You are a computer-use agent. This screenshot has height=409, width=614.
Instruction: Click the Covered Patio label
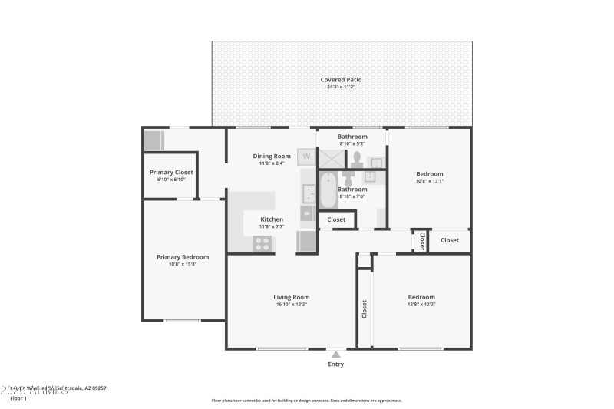pyautogui.click(x=342, y=79)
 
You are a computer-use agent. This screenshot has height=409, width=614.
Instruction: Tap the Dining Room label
pyautogui.click(x=272, y=156)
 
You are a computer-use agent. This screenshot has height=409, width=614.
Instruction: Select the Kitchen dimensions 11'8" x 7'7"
pyautogui.click(x=272, y=227)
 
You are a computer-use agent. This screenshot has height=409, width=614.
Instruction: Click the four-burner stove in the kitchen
pyautogui.click(x=262, y=244)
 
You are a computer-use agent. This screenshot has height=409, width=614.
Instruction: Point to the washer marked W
pyautogui.click(x=307, y=157)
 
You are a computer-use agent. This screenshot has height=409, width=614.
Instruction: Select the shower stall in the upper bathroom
pyautogui.click(x=333, y=158)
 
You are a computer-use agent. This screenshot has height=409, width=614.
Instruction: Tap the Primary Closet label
pyautogui.click(x=171, y=173)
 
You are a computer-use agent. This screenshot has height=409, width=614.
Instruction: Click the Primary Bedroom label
pyautogui.click(x=183, y=257)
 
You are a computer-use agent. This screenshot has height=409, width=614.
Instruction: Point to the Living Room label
pyautogui.click(x=292, y=297)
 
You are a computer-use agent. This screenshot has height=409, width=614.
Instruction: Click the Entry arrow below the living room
pyautogui.click(x=335, y=355)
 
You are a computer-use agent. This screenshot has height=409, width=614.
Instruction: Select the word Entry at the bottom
pyautogui.click(x=336, y=364)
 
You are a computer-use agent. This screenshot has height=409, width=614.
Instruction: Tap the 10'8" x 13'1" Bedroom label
pyautogui.click(x=429, y=174)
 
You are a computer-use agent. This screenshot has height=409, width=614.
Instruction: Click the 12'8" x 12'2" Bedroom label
pyautogui.click(x=421, y=297)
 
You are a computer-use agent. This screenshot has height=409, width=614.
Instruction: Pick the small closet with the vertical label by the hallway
pyautogui.click(x=421, y=241)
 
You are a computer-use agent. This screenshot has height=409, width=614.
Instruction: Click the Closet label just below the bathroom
pyautogui.click(x=336, y=219)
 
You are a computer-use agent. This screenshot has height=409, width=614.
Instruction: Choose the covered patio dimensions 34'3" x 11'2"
pyautogui.click(x=342, y=87)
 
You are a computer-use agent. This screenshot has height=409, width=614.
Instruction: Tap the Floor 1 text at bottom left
pyautogui.click(x=18, y=398)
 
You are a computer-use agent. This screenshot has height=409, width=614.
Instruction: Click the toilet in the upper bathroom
pyautogui.click(x=357, y=160)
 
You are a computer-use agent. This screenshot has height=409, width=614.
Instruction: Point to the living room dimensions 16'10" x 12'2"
pyautogui.click(x=292, y=305)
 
